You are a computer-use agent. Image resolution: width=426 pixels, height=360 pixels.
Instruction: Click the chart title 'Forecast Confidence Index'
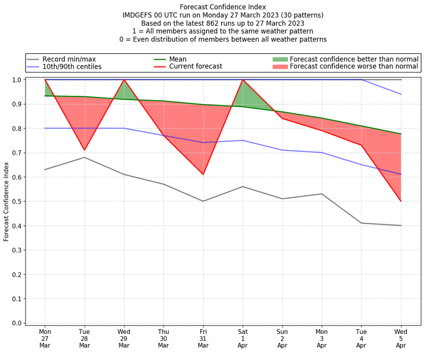tap(223, 7)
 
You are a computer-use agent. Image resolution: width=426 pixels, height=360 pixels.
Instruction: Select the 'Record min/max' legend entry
tap(69, 59)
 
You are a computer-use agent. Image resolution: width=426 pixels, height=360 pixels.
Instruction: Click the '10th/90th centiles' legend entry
tap(72, 67)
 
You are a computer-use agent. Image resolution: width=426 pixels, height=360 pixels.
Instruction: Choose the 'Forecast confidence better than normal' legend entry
tap(354, 59)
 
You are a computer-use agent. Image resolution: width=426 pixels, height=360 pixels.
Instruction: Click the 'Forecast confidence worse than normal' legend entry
tap(354, 67)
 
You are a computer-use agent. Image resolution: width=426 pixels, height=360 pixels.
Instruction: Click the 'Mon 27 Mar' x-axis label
tap(45, 338)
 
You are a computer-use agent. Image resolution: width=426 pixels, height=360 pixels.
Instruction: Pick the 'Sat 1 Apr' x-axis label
tap(243, 338)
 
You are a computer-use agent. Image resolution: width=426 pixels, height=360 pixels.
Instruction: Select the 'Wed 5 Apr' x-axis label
tap(401, 338)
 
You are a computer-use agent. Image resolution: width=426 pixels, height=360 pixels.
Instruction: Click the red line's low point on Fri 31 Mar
tap(203, 174)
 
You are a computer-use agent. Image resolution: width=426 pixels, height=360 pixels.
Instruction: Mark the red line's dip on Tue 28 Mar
tap(85, 150)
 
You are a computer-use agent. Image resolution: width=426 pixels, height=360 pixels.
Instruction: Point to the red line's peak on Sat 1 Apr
tap(243, 79)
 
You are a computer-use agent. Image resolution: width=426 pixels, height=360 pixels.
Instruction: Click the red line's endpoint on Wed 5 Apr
tap(401, 201)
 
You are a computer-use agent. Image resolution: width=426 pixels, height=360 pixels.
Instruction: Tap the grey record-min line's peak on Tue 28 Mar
tap(85, 157)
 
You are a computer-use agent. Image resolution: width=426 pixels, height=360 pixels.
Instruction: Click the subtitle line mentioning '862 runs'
tap(223, 23)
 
